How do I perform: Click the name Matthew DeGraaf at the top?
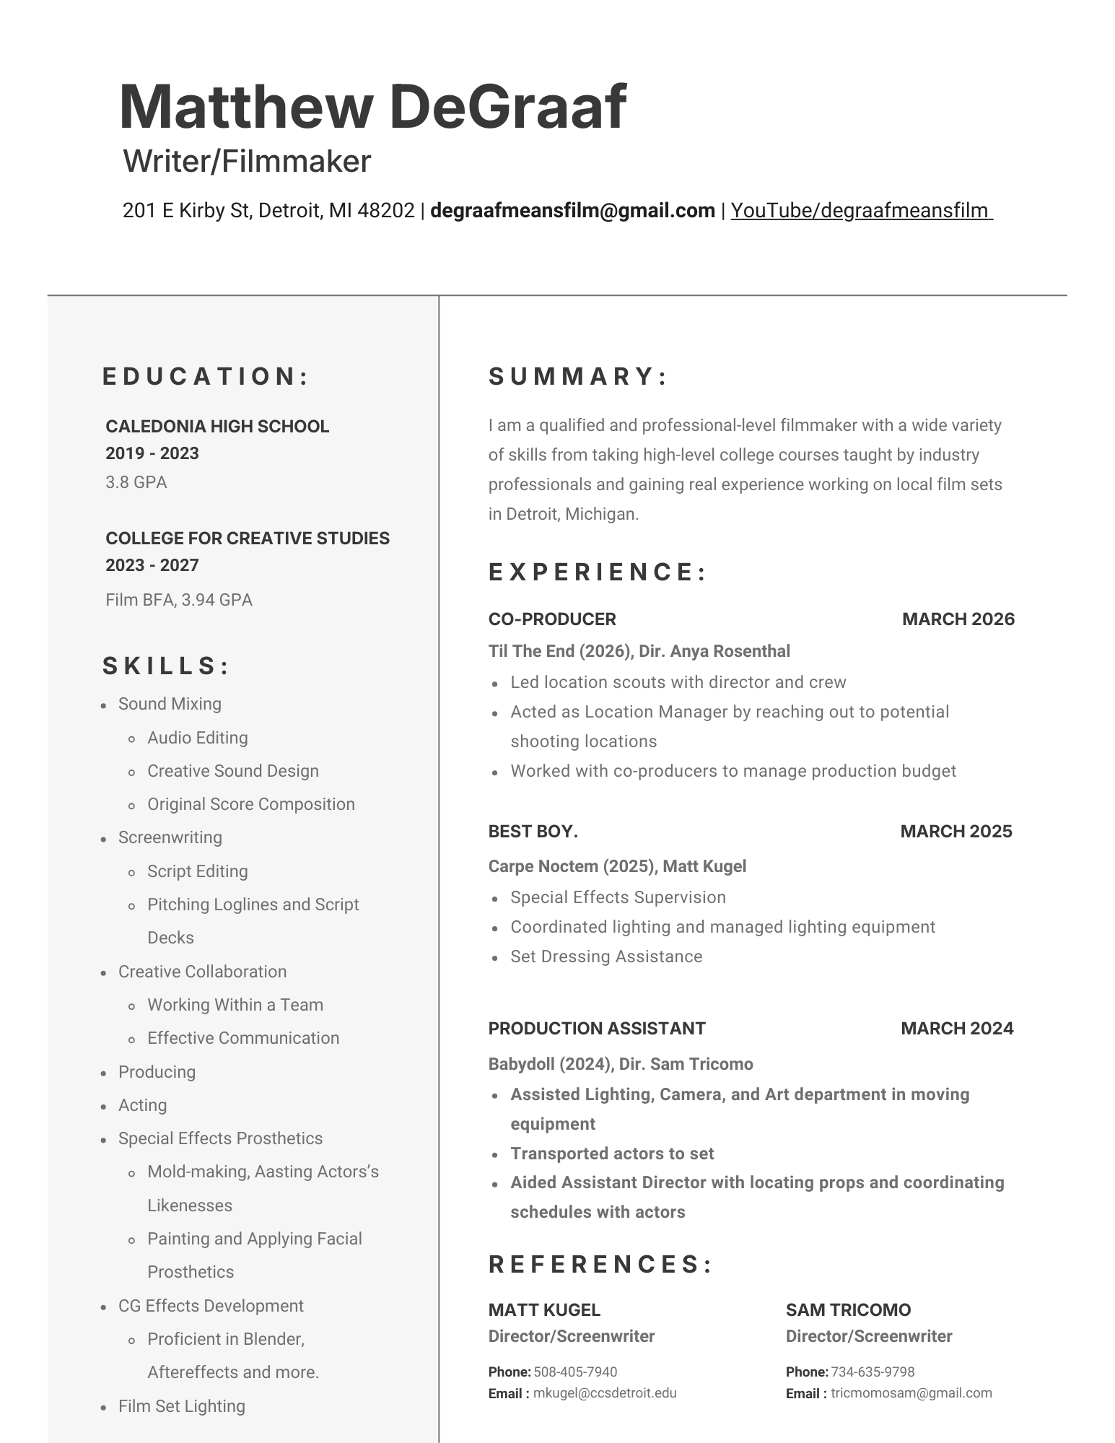point(372,107)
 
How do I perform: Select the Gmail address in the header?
point(572,211)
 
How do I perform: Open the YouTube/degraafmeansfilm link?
point(861,211)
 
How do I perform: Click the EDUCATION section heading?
point(206,376)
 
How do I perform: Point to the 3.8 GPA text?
point(136,482)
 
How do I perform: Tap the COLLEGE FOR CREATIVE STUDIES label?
point(248,539)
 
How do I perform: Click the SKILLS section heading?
point(166,666)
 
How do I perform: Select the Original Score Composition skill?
point(250,804)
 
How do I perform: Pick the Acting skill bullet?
point(142,1105)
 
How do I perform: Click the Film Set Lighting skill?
point(181,1406)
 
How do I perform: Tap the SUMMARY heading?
point(578,376)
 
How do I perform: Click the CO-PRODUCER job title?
point(552,619)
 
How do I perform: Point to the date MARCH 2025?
point(956,832)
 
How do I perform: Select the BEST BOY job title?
point(533,832)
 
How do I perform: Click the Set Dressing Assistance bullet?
point(606,956)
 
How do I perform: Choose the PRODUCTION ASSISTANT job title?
point(597,1029)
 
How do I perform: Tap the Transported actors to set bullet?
point(612,1154)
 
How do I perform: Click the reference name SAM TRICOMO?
point(848,1310)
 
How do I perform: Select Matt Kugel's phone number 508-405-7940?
point(575,1372)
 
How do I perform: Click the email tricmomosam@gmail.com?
point(911,1393)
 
